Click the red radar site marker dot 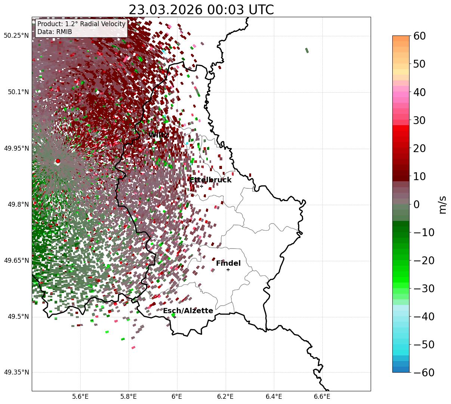click(58, 161)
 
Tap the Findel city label click(228, 263)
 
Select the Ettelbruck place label click(210, 180)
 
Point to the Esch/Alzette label click(188, 311)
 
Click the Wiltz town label click(158, 135)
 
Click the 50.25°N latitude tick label click(16, 36)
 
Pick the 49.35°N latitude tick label click(16, 373)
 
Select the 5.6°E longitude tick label click(80, 397)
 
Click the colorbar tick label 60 click(419, 36)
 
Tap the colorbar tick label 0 click(416, 204)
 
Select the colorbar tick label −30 click(424, 289)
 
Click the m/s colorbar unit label click(443, 204)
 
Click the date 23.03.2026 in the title click(165, 10)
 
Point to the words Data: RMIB click(55, 32)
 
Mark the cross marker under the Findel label click(228, 269)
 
